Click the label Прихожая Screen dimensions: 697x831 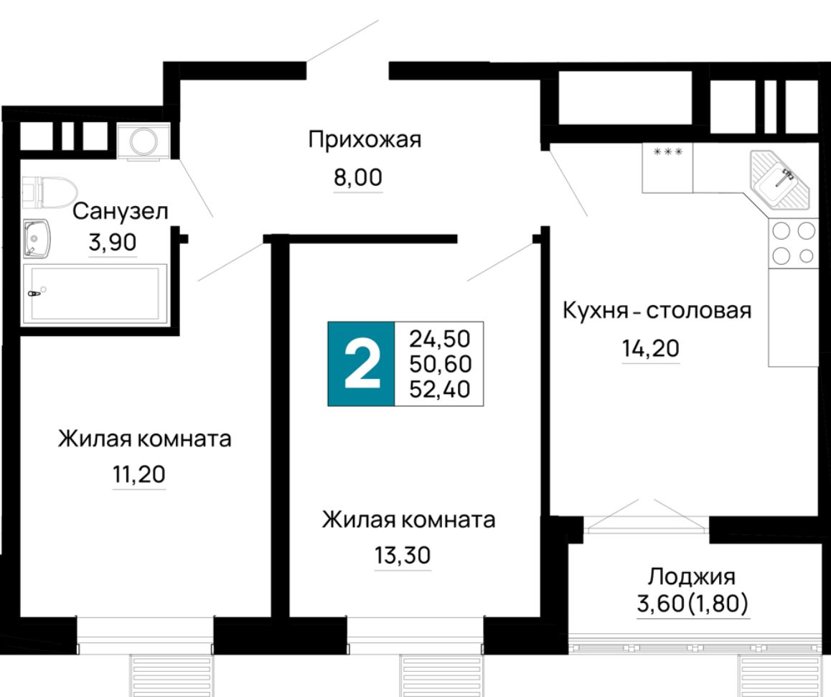[364, 140]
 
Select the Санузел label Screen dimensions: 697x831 [121, 212]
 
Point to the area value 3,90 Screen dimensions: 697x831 [111, 243]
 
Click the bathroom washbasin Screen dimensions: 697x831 [35, 238]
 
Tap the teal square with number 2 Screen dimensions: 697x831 [361, 364]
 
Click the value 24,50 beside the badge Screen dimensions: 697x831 [441, 337]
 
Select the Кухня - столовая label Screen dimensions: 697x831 [657, 311]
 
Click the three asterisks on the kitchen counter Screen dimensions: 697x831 [667, 152]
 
